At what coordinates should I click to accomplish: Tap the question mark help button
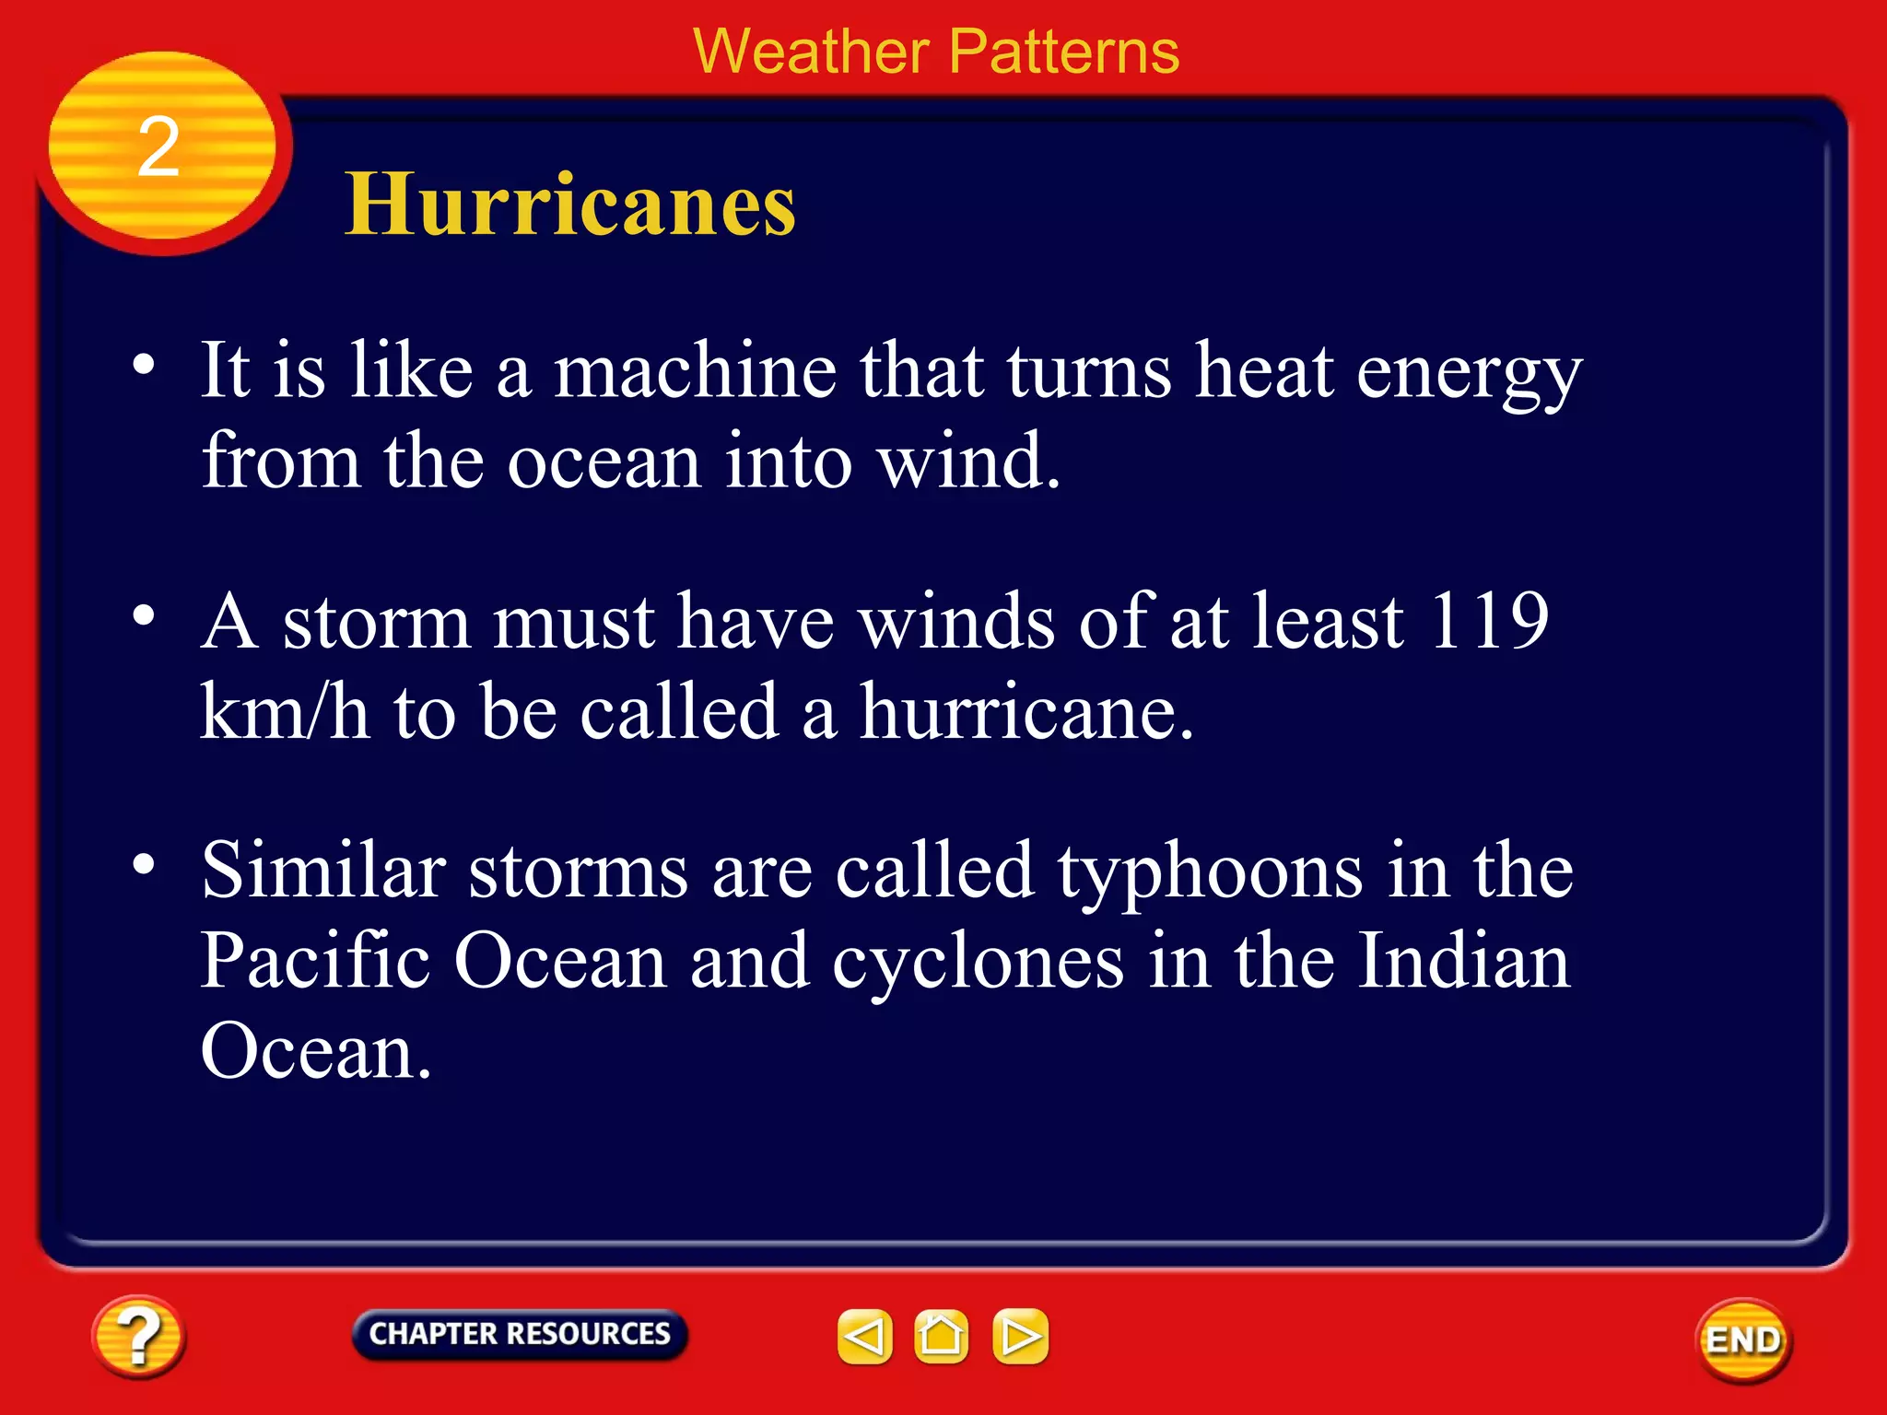[x=138, y=1337]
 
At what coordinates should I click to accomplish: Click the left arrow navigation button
[x=864, y=1336]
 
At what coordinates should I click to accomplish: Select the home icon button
[x=941, y=1336]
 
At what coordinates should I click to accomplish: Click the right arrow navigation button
[x=1020, y=1336]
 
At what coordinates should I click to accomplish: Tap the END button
[x=1743, y=1340]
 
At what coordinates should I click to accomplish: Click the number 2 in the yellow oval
[x=158, y=147]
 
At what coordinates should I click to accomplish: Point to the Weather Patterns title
[x=936, y=52]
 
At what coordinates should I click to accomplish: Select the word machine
[x=695, y=370]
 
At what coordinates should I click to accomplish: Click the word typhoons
[x=1210, y=871]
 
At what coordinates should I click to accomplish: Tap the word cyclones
[x=979, y=962]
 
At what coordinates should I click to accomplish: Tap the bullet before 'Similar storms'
[x=144, y=864]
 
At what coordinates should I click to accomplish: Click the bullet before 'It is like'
[x=144, y=365]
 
